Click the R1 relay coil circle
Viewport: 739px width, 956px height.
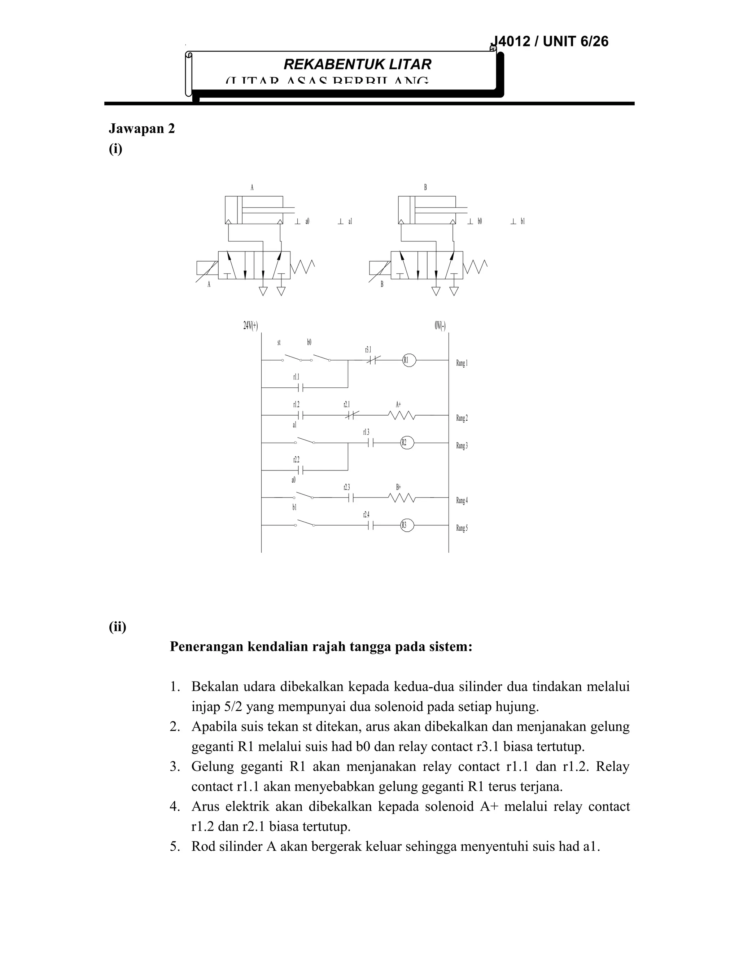click(409, 360)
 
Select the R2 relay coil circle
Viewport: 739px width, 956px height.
click(407, 443)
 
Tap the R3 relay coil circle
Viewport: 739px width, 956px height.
click(407, 525)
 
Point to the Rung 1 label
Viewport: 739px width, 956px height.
click(462, 363)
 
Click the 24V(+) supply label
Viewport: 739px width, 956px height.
click(250, 326)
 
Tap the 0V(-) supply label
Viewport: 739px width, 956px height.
click(440, 326)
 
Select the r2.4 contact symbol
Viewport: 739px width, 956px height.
click(370, 525)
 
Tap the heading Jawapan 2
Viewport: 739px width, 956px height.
click(141, 129)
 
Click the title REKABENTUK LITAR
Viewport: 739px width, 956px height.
click(357, 64)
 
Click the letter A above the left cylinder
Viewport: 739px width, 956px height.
click(252, 187)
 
